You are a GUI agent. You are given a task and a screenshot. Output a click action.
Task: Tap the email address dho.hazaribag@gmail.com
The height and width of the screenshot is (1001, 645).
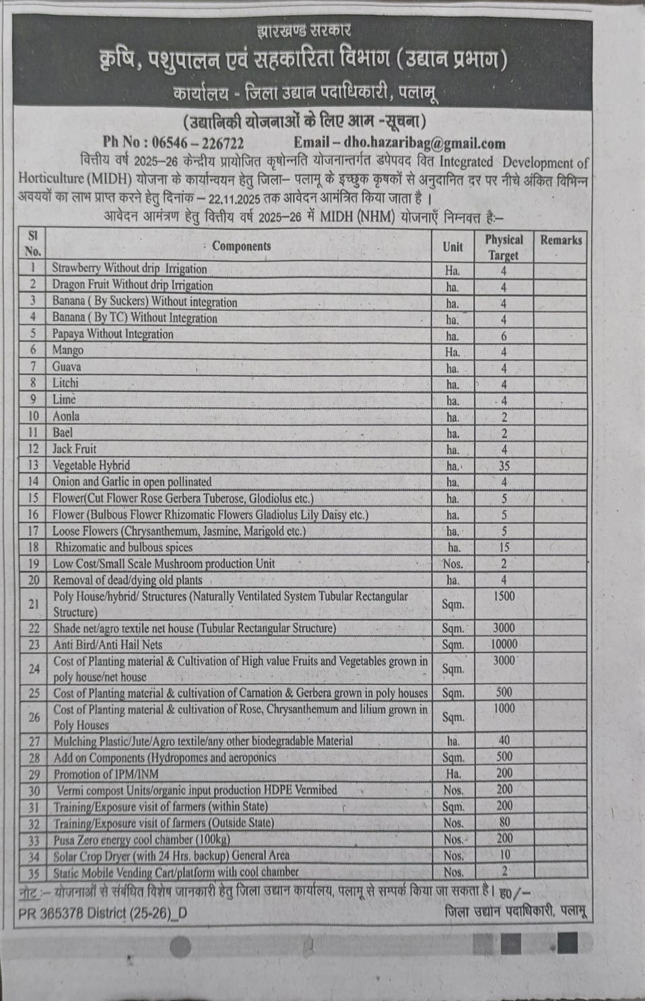click(424, 143)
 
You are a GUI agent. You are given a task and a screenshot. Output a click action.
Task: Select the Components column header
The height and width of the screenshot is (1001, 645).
click(241, 246)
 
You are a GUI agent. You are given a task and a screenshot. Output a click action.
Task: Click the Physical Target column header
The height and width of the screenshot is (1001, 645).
click(504, 247)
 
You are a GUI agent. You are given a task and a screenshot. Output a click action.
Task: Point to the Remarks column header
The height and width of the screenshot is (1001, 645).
click(561, 240)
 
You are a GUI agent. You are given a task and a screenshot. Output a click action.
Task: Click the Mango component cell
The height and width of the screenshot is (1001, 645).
click(68, 350)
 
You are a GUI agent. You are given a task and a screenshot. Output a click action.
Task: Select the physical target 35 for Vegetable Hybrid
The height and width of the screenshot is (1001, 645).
click(504, 466)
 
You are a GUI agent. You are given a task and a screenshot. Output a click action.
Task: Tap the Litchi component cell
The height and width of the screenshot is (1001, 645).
click(65, 383)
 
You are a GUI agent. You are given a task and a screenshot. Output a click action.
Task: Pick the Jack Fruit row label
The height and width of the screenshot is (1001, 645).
click(75, 449)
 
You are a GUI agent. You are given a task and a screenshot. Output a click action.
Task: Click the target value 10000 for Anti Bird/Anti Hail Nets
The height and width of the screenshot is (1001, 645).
click(504, 644)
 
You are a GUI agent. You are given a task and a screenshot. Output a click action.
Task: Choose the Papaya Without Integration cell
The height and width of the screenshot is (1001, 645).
click(112, 334)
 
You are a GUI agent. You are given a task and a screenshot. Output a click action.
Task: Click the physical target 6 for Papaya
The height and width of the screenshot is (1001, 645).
click(504, 336)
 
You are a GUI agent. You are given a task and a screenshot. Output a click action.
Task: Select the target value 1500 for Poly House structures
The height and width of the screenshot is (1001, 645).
click(504, 596)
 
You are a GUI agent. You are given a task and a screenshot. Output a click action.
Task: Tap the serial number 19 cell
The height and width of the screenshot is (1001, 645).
click(33, 564)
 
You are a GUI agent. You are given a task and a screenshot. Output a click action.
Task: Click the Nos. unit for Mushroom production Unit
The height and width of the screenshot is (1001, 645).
click(452, 564)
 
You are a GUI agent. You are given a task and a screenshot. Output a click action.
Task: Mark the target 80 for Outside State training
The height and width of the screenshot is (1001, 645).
click(504, 822)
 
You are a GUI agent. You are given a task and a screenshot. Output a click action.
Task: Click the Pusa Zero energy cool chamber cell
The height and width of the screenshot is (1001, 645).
click(142, 840)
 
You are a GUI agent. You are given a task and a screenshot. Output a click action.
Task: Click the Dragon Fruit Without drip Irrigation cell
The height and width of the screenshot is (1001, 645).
click(133, 285)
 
